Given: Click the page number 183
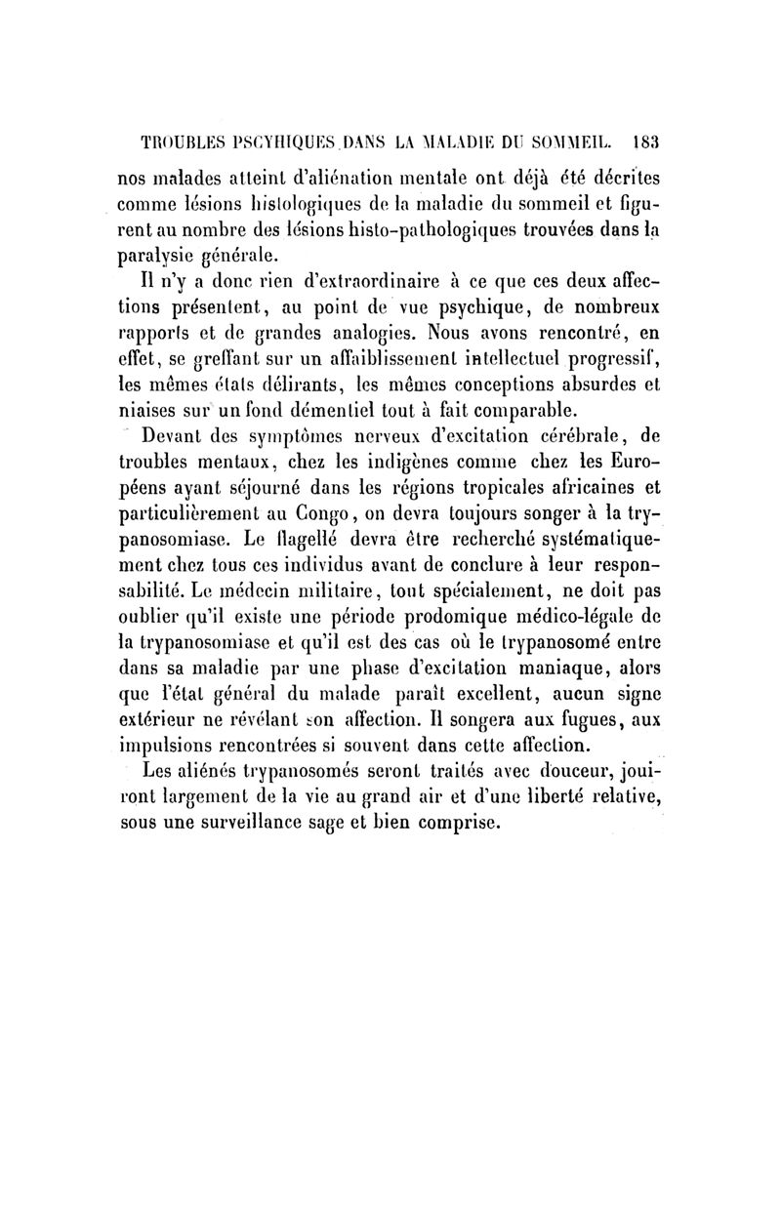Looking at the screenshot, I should click(647, 139).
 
